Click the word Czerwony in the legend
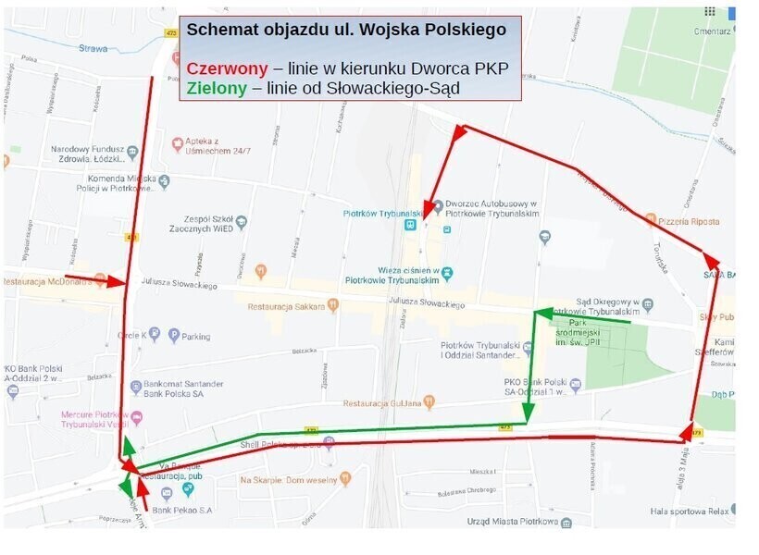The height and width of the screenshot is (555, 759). click(227, 68)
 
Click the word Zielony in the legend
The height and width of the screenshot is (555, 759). click(216, 89)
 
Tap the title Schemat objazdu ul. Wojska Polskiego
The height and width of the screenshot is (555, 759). click(346, 30)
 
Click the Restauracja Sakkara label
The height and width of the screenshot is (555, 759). click(289, 306)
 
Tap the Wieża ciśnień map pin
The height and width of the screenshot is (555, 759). click(448, 273)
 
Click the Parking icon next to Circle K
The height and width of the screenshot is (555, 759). click(173, 336)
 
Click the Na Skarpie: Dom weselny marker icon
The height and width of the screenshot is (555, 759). click(345, 479)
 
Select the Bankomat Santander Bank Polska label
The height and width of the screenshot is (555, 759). click(184, 388)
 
